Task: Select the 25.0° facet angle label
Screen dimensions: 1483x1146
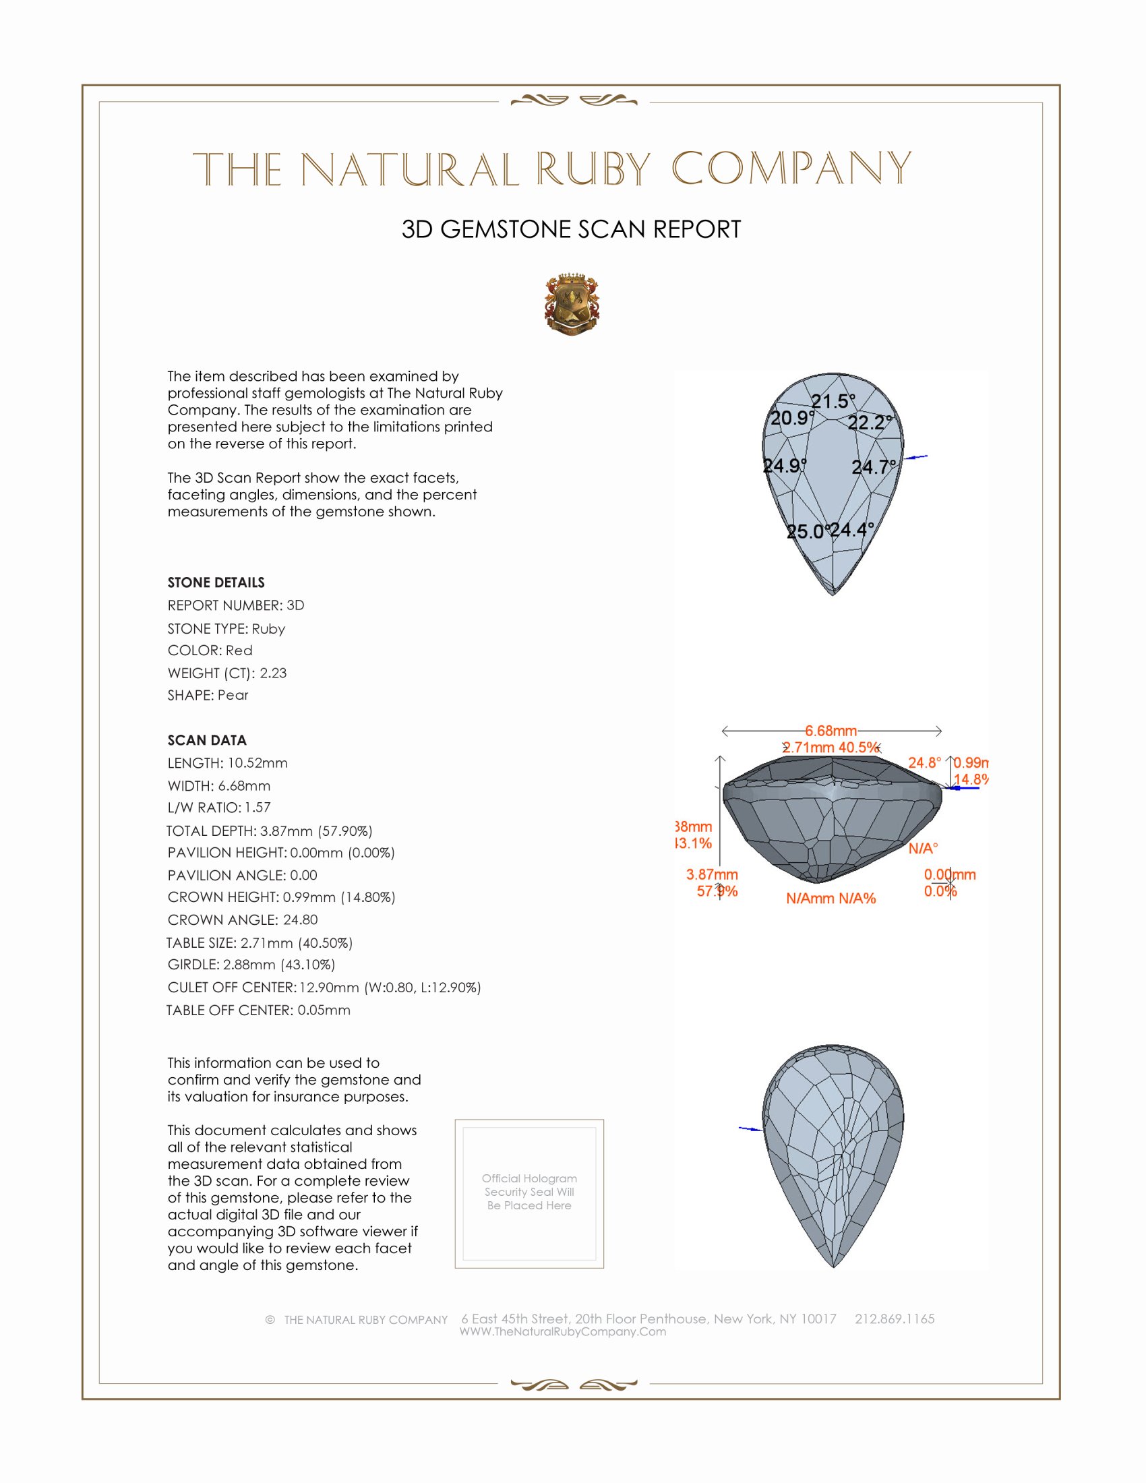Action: (x=806, y=532)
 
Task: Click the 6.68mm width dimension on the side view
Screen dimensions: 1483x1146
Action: (x=831, y=731)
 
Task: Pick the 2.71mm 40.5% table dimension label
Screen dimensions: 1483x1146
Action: (x=831, y=748)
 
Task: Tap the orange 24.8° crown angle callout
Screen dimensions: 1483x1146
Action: (x=925, y=763)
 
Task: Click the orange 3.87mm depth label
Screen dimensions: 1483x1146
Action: (x=711, y=874)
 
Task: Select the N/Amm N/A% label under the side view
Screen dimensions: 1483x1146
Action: (x=831, y=899)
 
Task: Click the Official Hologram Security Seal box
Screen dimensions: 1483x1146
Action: (x=529, y=1194)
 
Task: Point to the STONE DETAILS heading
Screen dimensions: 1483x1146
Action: (x=216, y=582)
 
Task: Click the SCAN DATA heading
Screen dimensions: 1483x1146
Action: (x=207, y=740)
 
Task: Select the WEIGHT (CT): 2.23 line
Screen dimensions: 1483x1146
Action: (x=227, y=673)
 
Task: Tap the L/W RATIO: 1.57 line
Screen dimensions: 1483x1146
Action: (x=218, y=808)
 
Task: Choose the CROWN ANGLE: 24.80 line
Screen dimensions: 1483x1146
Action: (x=243, y=919)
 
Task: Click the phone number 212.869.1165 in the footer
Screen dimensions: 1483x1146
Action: (x=894, y=1319)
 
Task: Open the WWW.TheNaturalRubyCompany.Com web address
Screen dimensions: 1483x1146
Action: (x=562, y=1331)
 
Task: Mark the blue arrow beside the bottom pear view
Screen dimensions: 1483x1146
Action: (x=750, y=1128)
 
